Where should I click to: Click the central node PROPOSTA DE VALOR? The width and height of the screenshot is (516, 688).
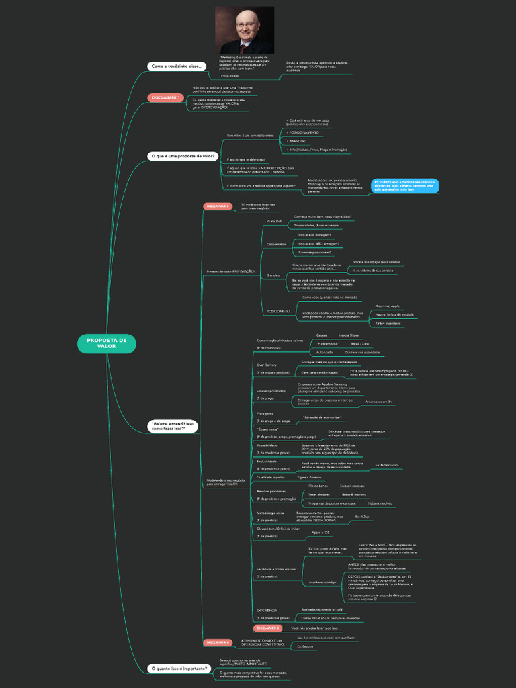pos(106,343)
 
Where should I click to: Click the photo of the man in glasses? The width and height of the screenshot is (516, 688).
pos(245,30)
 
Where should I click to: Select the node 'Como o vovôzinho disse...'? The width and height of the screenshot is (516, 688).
pos(176,66)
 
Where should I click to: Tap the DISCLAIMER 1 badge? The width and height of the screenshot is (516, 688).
pos(165,97)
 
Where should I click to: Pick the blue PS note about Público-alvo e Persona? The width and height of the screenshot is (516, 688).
pos(404,185)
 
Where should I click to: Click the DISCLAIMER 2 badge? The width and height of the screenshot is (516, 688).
pos(218,206)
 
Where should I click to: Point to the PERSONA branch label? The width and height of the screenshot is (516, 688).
pos(274,221)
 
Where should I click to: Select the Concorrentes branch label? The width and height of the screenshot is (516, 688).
pos(276,244)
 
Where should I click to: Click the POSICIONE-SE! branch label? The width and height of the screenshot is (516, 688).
pos(278,311)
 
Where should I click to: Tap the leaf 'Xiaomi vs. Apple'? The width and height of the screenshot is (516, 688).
pos(387,306)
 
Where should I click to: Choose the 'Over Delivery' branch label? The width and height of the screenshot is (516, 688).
pos(267,365)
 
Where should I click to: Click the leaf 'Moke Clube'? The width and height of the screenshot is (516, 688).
pos(359,343)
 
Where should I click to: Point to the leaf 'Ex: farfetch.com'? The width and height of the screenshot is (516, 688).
pos(386,464)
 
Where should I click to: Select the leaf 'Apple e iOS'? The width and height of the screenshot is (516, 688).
pos(320,532)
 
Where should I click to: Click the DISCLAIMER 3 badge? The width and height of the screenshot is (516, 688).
pos(267,628)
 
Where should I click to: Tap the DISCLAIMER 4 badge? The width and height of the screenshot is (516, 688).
pos(218,642)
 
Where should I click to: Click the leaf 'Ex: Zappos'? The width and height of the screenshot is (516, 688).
pos(306,646)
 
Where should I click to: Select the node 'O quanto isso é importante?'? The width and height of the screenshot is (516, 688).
pos(179,669)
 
